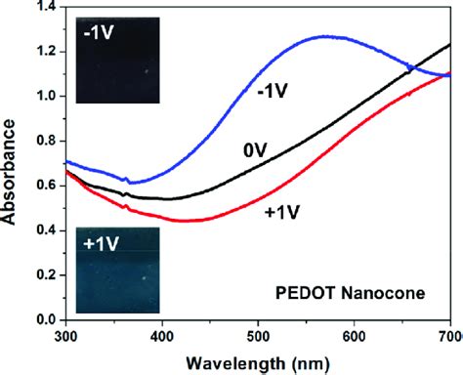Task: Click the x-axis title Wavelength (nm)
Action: coord(255,361)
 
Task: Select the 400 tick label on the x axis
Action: coord(160,336)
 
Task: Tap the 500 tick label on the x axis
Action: coord(256,336)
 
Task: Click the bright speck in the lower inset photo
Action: coord(147,277)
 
